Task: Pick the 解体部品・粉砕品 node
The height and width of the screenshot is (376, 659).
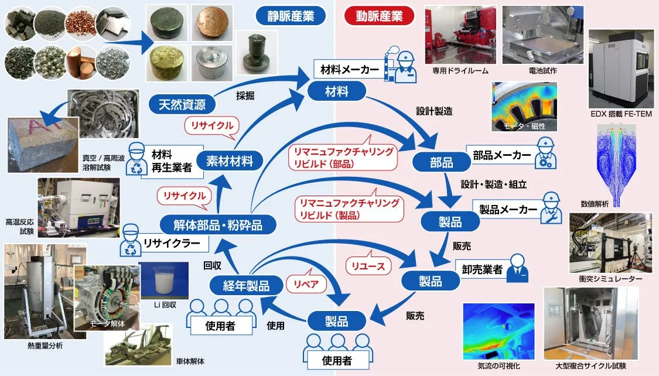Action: (x=218, y=223)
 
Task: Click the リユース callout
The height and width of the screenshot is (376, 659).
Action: (x=368, y=266)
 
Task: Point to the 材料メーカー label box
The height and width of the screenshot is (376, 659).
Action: (x=350, y=70)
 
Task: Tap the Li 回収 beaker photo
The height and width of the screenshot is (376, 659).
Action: (x=164, y=279)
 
